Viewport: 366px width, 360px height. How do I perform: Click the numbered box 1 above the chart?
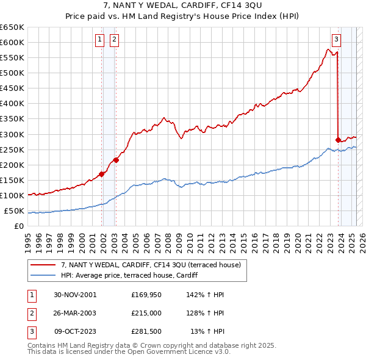click(99, 40)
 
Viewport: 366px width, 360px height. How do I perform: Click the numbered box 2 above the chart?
click(114, 40)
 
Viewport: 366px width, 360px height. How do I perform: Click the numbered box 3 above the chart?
click(336, 40)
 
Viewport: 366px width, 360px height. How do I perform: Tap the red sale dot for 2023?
click(338, 139)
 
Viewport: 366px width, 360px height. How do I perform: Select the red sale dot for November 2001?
click(102, 174)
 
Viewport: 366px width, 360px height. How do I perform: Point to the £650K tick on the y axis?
click(12, 27)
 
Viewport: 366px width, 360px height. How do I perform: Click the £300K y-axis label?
click(12, 134)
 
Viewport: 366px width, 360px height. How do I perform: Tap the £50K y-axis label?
click(14, 211)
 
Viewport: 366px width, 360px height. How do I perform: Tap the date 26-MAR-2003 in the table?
click(75, 314)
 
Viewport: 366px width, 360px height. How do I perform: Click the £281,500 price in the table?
click(146, 333)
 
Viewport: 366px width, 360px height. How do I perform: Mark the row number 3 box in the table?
click(30, 333)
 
